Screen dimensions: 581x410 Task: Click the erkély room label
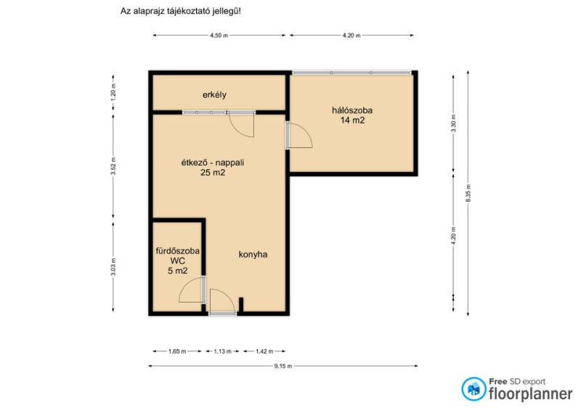[214, 95]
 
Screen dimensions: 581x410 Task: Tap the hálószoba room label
[352, 110]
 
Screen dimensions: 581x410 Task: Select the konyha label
[253, 255]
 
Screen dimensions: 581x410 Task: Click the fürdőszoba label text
[177, 251]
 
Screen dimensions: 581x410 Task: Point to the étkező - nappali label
[213, 163]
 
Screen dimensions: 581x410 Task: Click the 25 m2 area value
[213, 173]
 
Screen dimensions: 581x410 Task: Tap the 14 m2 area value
[352, 120]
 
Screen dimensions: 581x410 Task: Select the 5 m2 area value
[177, 271]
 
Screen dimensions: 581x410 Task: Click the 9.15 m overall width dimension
[283, 366]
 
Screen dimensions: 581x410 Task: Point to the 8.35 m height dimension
[468, 193]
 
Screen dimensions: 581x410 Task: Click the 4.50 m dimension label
[219, 36]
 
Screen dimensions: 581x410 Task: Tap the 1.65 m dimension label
[177, 351]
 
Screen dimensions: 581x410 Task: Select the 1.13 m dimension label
[222, 351]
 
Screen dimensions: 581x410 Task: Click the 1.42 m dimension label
[264, 351]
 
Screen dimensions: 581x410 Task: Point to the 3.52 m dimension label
[113, 165]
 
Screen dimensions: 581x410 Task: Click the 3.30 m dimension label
[453, 123]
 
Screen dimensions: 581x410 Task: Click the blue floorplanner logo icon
[474, 389]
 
